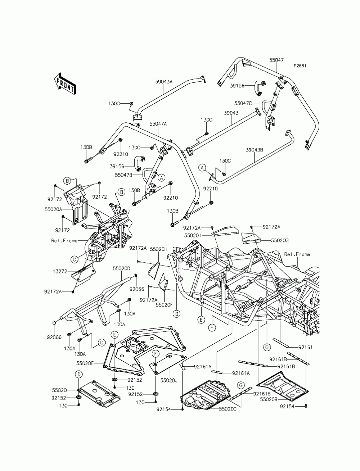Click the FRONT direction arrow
coord(64,84)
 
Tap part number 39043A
coord(164,82)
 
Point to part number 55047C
coord(243,103)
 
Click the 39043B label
coord(255,150)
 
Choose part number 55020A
coord(53,209)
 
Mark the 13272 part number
coord(60,271)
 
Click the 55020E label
coord(85,363)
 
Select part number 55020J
coord(169,380)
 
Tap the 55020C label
coord(228,409)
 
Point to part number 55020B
coord(269,399)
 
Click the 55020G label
coord(280,241)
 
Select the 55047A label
coord(158,124)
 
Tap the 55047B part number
coord(123,175)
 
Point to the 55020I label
coord(193,235)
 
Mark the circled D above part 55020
coord(79,375)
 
